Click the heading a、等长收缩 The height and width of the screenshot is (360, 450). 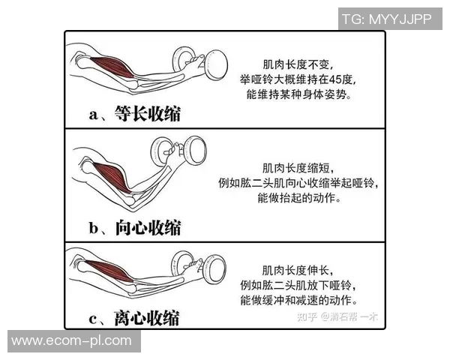pos(134,114)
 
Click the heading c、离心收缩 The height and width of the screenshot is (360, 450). pos(134,319)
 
